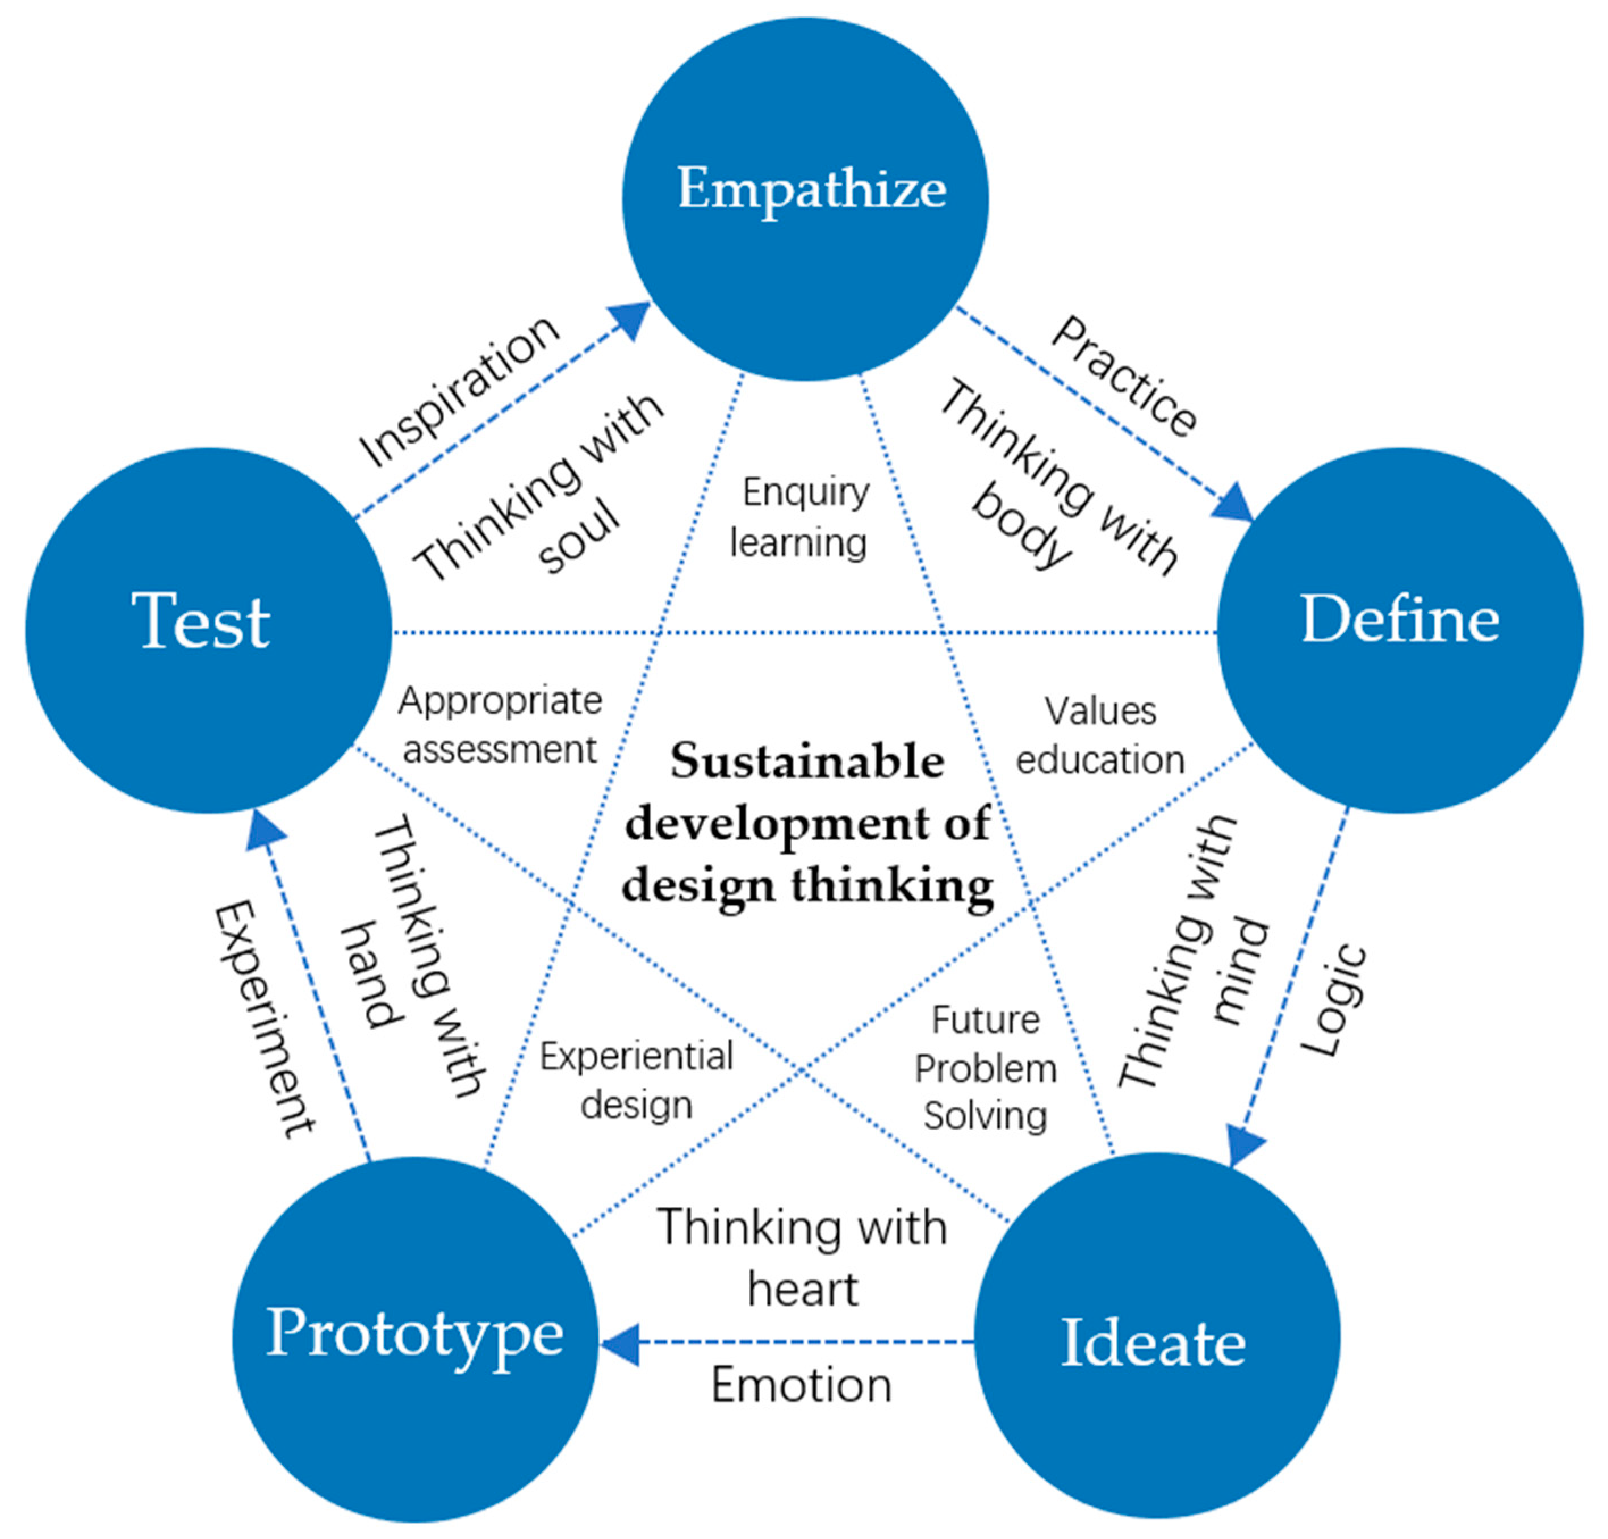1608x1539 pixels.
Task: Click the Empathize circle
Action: pyautogui.click(x=806, y=199)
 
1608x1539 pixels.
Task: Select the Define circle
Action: pyautogui.click(x=1400, y=630)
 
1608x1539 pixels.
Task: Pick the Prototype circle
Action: pyautogui.click(x=415, y=1339)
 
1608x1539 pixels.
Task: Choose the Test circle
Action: pyautogui.click(x=208, y=630)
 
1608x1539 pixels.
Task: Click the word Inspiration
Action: pyautogui.click(x=459, y=392)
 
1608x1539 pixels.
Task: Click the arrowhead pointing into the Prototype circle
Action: pyautogui.click(x=619, y=1343)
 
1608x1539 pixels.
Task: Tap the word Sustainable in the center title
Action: pyautogui.click(x=807, y=762)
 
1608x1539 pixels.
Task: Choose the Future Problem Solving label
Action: pyautogui.click(x=985, y=1068)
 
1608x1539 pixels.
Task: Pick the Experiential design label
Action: pyautogui.click(x=636, y=1080)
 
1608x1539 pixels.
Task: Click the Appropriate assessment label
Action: pyautogui.click(x=500, y=725)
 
